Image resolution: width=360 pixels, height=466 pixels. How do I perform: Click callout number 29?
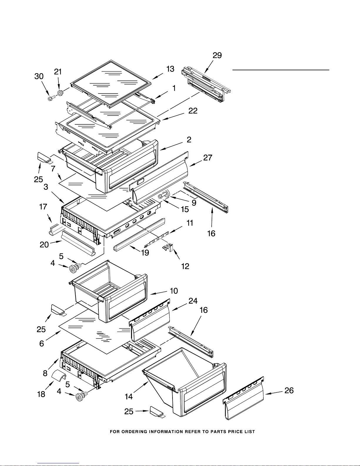[x=217, y=56]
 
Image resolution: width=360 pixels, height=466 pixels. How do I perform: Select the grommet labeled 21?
[x=60, y=93]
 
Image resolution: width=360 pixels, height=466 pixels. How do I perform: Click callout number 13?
[x=170, y=69]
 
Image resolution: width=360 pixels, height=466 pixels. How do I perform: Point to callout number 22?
[x=193, y=111]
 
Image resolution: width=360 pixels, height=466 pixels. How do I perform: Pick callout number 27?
[x=208, y=158]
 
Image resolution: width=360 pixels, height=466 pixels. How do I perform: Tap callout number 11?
[x=190, y=223]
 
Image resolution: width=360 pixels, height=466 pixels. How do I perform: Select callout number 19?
[x=145, y=253]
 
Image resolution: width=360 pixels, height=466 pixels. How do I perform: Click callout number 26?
[x=289, y=390]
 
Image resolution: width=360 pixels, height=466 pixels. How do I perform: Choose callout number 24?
[x=193, y=301]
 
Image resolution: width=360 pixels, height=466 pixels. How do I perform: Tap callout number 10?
[x=174, y=291]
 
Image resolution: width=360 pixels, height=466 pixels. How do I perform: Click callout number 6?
[x=42, y=343]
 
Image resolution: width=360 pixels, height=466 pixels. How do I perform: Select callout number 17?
[x=43, y=207]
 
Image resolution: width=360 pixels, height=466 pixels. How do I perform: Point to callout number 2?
[x=189, y=140]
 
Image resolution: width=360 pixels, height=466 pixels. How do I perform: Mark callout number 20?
[x=44, y=244]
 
